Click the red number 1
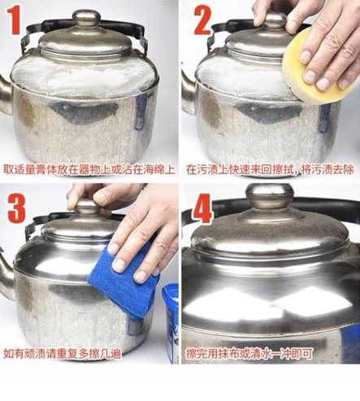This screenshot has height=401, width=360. click(x=14, y=20)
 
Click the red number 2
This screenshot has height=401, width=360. click(x=202, y=20)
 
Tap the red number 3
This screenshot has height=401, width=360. click(x=16, y=208)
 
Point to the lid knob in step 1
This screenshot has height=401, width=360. click(x=86, y=19)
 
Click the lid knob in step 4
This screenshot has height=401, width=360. click(x=270, y=195)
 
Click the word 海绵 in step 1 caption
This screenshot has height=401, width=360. click(x=154, y=170)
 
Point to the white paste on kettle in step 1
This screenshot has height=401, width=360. click(x=84, y=76)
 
